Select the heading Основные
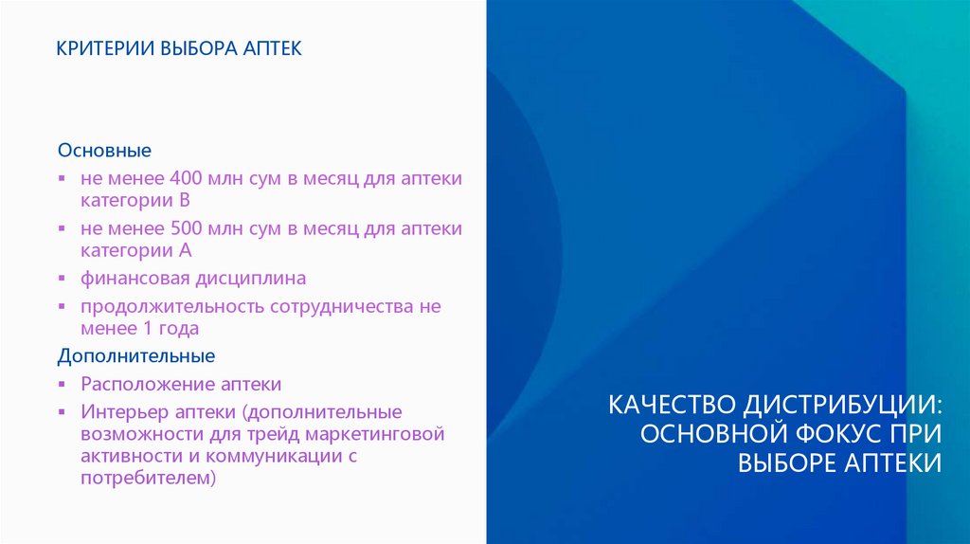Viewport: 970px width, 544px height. pyautogui.click(x=104, y=151)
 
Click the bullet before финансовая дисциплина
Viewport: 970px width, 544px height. pyautogui.click(x=62, y=280)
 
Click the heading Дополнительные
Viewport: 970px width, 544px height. pyautogui.click(x=135, y=355)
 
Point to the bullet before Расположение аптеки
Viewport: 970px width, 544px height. pyautogui.click(x=62, y=385)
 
